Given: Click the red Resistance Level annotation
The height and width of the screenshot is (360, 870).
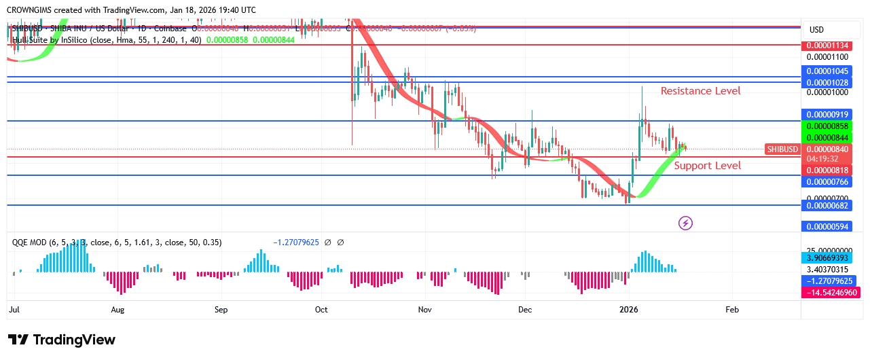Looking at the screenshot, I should pos(700,91).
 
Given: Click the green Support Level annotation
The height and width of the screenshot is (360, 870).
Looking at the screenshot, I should pos(707,166).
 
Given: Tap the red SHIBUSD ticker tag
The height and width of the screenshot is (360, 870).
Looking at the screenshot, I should pos(782,149).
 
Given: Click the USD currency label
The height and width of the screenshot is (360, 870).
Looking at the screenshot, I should pos(816,30).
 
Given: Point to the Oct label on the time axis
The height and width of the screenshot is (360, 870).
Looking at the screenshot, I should pos(321,310).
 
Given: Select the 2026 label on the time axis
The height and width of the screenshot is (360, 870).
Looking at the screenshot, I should pos(629,310).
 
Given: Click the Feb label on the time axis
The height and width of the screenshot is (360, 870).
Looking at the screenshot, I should pos(732,310).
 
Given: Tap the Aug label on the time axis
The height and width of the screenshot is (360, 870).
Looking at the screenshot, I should pos(117,310).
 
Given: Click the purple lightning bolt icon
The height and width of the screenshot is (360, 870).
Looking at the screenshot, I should pos(685,223).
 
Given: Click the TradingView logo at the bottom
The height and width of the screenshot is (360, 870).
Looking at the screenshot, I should pos(62,340).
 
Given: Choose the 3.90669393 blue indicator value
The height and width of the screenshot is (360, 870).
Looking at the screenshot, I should pos(829,258).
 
